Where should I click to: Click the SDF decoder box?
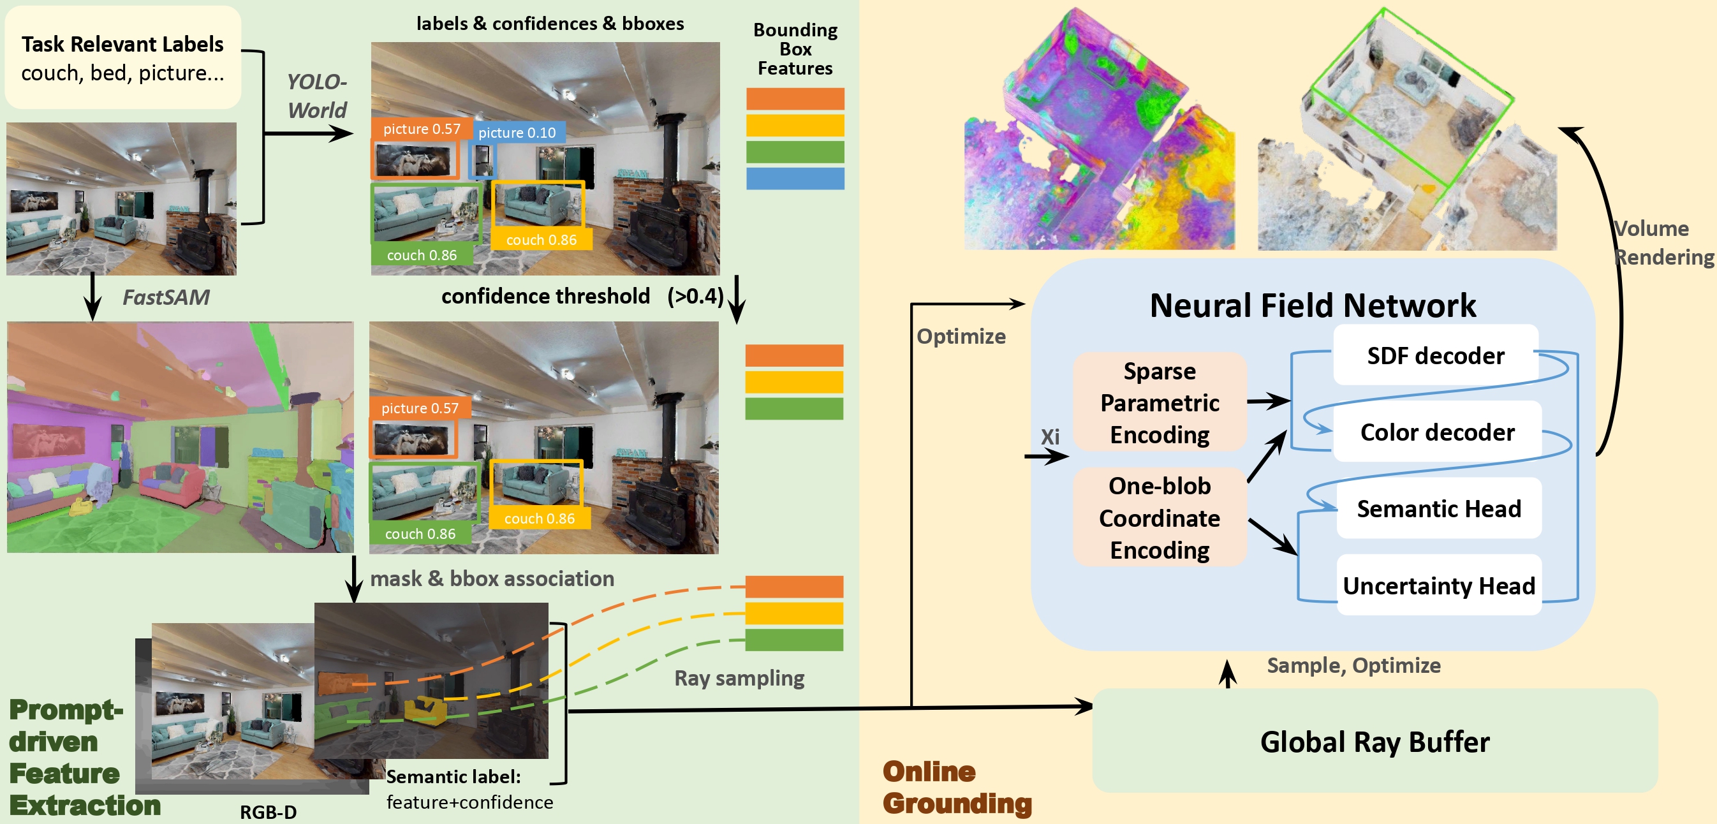[1435, 355]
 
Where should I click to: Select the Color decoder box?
[1437, 432]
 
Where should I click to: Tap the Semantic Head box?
[1438, 509]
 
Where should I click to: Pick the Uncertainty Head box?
[1438, 585]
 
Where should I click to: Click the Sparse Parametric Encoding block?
[1159, 402]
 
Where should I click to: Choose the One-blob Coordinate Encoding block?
[1159, 518]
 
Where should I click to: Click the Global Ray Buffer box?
[1374, 741]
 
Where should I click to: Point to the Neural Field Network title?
[1313, 305]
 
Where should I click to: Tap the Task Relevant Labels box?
[122, 57]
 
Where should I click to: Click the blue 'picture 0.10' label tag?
[517, 132]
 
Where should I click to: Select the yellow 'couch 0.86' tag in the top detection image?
[542, 240]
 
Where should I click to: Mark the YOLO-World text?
[316, 96]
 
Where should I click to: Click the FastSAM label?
[166, 297]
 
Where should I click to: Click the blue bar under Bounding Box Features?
[795, 179]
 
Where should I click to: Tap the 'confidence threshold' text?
[545, 296]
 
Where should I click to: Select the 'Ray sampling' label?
[739, 678]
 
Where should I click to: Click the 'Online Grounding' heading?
[957, 788]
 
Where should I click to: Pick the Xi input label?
[1050, 437]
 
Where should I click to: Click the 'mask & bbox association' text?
[492, 578]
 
